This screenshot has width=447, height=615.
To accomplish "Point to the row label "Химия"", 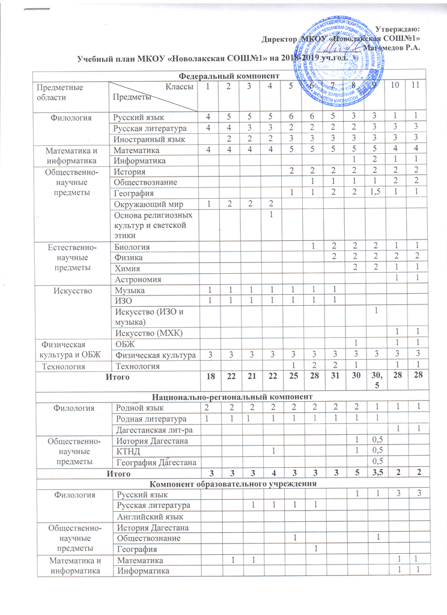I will (127, 268).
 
